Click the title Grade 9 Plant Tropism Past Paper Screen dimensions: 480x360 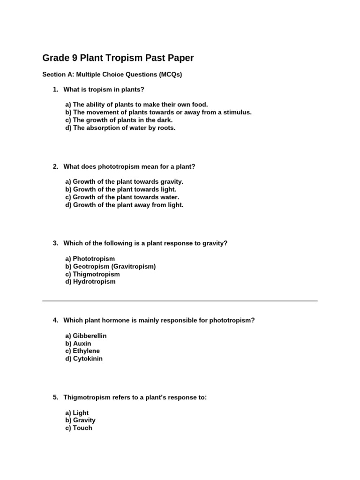click(x=118, y=58)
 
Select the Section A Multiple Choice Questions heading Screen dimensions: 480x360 click(x=112, y=75)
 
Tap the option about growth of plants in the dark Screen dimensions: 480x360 click(x=119, y=120)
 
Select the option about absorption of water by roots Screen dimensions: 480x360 click(x=120, y=127)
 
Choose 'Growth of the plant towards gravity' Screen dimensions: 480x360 click(x=124, y=181)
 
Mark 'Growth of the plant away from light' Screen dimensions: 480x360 click(x=124, y=205)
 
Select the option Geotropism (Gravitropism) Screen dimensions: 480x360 click(x=111, y=266)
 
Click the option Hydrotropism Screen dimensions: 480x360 click(x=90, y=282)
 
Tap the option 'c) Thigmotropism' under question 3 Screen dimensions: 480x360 click(x=92, y=274)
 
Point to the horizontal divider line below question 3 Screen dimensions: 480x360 click(x=180, y=300)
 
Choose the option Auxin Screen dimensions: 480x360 click(x=78, y=344)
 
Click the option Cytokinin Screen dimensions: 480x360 click(x=84, y=359)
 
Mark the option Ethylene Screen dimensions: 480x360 click(x=82, y=351)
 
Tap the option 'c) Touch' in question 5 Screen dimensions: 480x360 click(x=79, y=428)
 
